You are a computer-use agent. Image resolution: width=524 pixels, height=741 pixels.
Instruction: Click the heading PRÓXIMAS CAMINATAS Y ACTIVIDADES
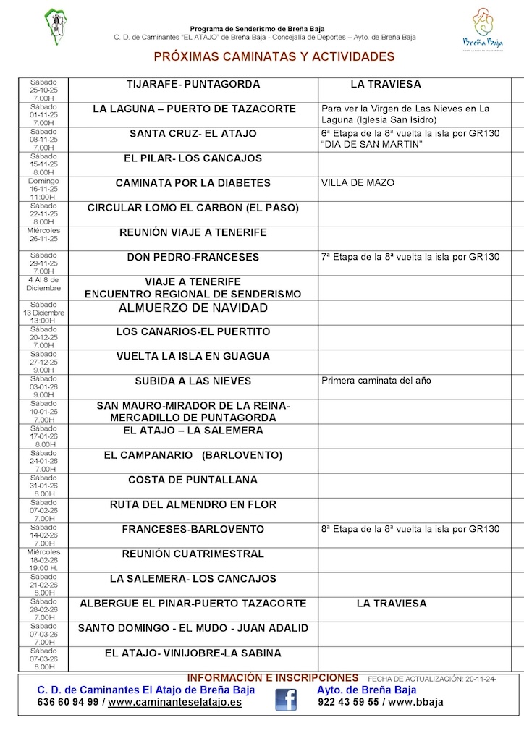click(274, 56)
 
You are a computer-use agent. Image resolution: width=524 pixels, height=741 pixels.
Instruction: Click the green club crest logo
click(54, 27)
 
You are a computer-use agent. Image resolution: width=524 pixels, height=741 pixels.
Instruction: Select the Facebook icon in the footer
click(286, 700)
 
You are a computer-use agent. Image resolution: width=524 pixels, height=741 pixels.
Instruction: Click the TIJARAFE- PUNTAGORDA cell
click(193, 85)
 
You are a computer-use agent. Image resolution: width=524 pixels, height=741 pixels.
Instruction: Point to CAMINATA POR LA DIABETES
click(193, 183)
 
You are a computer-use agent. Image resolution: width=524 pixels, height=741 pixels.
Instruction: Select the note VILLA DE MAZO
click(358, 183)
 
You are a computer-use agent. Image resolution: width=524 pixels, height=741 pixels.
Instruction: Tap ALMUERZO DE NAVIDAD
click(193, 308)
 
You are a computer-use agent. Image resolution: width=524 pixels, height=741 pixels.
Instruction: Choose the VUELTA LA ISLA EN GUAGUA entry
click(193, 356)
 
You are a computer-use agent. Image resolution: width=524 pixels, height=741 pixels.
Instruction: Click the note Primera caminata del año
click(376, 381)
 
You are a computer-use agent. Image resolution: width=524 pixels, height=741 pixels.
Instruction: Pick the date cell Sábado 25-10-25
click(43, 90)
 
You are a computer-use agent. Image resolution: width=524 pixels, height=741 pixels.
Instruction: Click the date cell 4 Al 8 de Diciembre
click(43, 284)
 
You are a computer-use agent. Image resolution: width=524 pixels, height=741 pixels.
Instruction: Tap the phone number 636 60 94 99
click(67, 702)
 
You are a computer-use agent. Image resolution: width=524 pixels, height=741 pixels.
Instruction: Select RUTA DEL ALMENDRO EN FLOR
click(193, 504)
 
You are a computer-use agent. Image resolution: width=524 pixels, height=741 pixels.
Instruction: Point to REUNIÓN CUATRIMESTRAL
click(193, 554)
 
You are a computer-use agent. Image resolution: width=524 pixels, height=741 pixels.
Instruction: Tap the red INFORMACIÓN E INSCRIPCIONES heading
click(273, 678)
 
